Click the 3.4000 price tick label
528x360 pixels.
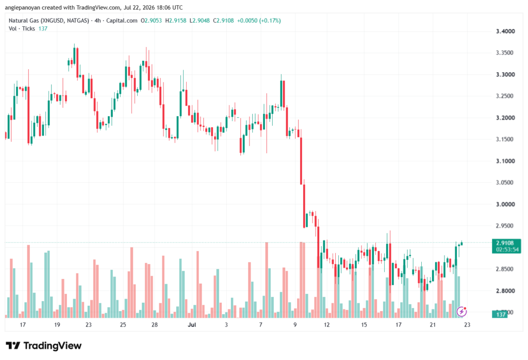(505, 31)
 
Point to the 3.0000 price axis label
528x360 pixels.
(505, 204)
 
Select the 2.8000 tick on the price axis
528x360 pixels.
(505, 291)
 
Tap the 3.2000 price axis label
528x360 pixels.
(505, 118)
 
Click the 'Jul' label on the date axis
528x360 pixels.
(192, 325)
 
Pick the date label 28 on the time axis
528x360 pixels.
(155, 325)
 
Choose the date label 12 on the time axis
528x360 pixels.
(326, 325)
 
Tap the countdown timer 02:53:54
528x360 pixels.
(507, 250)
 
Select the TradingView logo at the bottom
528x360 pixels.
(44, 346)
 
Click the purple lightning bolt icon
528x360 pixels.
(461, 312)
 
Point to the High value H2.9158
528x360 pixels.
(176, 21)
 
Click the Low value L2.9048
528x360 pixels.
(200, 21)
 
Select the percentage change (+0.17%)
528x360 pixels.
(269, 21)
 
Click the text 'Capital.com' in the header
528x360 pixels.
(122, 21)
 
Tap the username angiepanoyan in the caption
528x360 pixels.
(22, 7)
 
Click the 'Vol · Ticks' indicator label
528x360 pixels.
(22, 29)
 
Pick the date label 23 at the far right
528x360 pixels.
(467, 325)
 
